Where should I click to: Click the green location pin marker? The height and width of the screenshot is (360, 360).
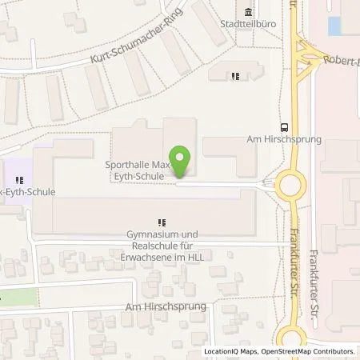coord(182,161)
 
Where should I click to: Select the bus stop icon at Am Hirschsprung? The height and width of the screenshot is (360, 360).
coord(284,126)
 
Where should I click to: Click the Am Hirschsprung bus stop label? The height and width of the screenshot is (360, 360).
coord(285,138)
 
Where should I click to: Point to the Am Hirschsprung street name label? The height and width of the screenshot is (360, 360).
coord(165,306)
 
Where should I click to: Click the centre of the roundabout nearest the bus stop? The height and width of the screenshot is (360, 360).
coord(289,188)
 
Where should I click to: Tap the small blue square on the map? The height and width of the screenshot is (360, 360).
coord(334,26)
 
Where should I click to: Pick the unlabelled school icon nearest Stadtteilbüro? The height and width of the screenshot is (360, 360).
coord(234,76)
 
